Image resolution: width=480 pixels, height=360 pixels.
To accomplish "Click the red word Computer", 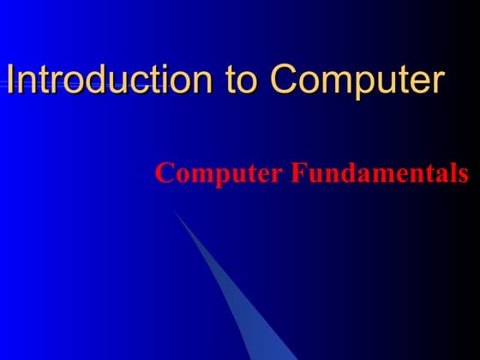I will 218,174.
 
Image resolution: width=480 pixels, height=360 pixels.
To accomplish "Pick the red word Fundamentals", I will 379,173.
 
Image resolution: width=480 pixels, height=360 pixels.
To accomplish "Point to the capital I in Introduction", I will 10,79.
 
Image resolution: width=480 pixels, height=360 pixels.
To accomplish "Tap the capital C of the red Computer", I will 164,173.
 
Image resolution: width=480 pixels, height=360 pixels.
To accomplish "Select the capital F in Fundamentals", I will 296,173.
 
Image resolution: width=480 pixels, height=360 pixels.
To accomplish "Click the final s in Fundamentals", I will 463,175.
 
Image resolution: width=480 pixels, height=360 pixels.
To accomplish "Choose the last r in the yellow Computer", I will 437,81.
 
